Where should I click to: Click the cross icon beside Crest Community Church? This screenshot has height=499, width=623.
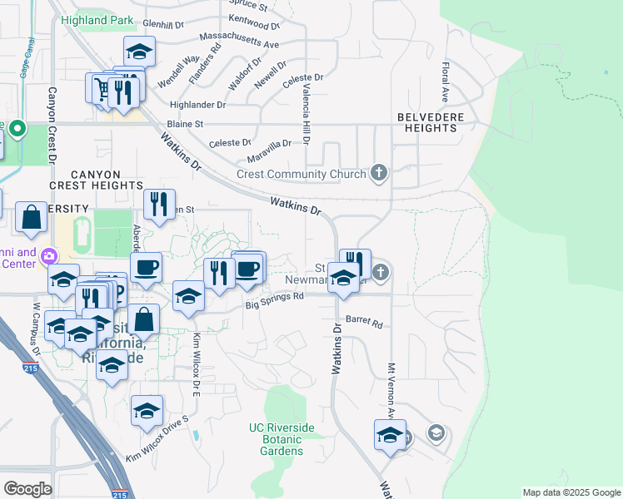point(379,173)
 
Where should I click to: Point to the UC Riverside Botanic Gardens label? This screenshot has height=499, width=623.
point(282,439)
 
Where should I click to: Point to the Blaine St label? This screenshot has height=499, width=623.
point(187,123)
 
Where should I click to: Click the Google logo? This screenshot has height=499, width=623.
point(27,488)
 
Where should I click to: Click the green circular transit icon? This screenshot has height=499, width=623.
point(17,129)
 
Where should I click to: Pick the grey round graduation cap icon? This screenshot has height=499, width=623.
point(435,432)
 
